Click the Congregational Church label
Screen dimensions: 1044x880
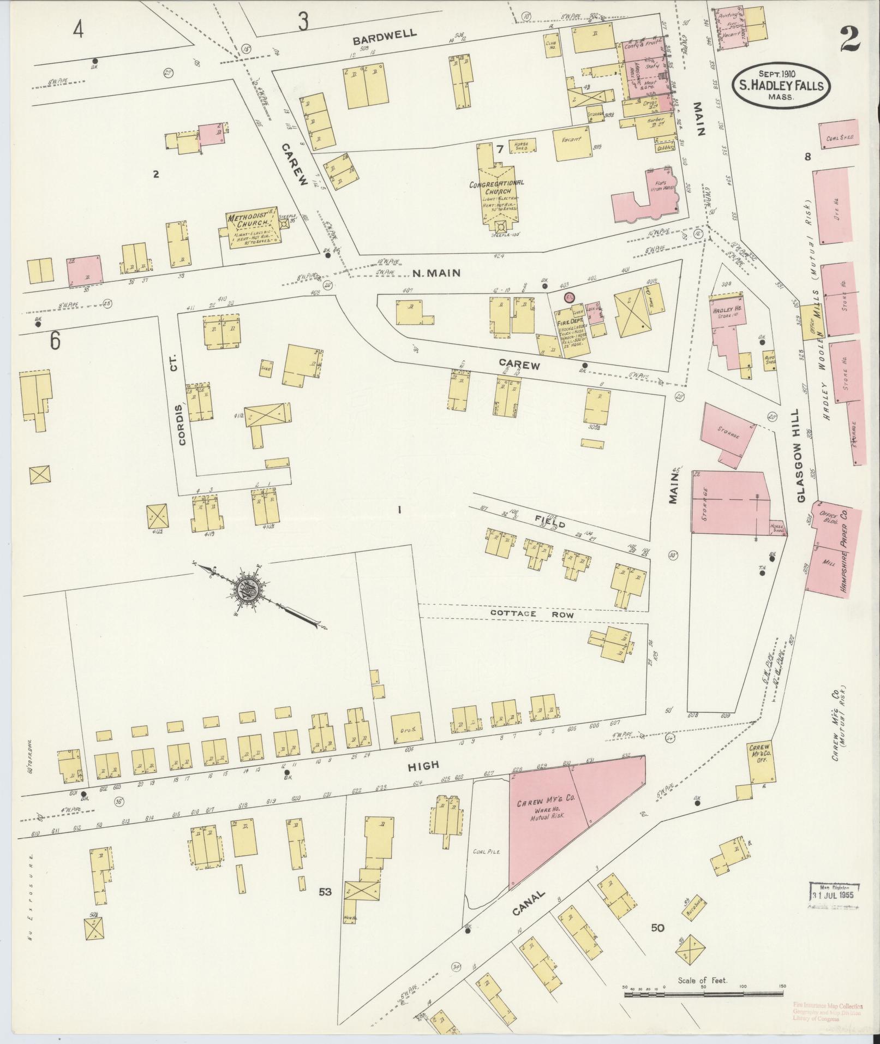pyautogui.click(x=496, y=188)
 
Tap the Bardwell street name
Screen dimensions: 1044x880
pyautogui.click(x=385, y=36)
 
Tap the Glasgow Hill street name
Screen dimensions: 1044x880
pyautogui.click(x=800, y=456)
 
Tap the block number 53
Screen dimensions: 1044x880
pyautogui.click(x=325, y=892)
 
